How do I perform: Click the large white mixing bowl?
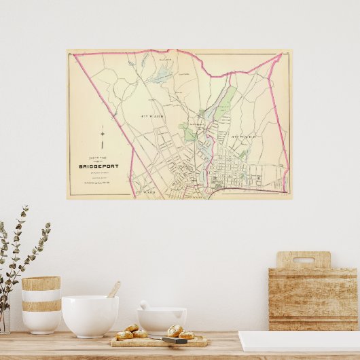(90, 315)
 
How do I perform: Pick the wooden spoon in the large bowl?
(113, 290)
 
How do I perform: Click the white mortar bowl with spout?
(162, 321)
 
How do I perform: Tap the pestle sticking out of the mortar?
(145, 305)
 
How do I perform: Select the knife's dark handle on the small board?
(173, 340)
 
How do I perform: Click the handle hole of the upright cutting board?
(303, 260)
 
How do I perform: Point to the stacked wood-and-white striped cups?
(41, 304)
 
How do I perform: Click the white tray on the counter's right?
(299, 340)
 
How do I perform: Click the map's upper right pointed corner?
(281, 54)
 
